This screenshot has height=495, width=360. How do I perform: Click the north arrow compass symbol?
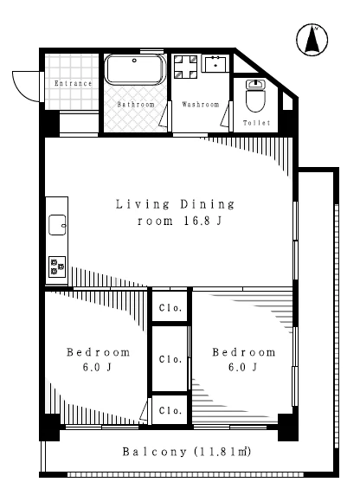point(312,40)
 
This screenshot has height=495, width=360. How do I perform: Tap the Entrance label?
point(74,83)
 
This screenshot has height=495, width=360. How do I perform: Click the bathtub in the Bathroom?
point(135,69)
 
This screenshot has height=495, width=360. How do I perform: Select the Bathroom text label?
point(136,104)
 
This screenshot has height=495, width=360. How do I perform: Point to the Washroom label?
point(201,104)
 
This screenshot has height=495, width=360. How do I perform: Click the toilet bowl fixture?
point(256,95)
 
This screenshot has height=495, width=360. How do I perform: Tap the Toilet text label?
point(257,123)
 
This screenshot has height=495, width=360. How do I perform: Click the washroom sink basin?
point(215,64)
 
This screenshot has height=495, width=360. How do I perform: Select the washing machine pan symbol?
point(186,67)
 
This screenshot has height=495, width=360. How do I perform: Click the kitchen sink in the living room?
point(57,225)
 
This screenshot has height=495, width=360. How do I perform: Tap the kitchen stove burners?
point(57,267)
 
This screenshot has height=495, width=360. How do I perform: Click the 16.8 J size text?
point(202,221)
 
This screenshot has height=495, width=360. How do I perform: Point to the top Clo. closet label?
point(170,308)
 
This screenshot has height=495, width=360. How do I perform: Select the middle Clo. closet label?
point(170,359)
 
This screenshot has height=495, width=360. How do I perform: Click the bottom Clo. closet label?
point(170,410)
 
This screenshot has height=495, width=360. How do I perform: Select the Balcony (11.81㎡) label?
point(187,452)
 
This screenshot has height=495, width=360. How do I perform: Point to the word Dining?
point(208,204)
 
